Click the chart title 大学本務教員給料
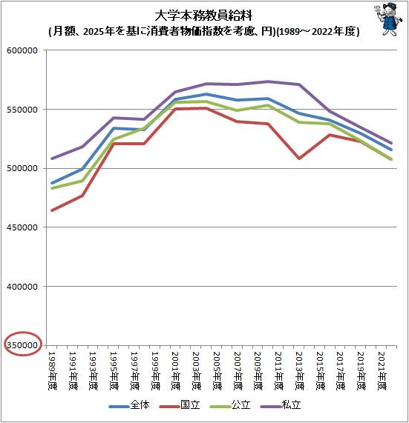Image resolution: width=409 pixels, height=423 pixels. pyautogui.click(x=203, y=16)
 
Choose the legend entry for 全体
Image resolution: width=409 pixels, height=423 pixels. pyautogui.click(x=129, y=406)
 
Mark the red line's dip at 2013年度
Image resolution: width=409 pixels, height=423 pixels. pyautogui.click(x=298, y=159)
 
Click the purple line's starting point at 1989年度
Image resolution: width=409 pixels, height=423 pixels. pyautogui.click(x=52, y=159)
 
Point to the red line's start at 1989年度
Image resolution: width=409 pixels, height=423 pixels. pyautogui.click(x=52, y=210)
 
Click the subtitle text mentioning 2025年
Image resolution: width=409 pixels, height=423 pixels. pyautogui.click(x=203, y=32)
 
